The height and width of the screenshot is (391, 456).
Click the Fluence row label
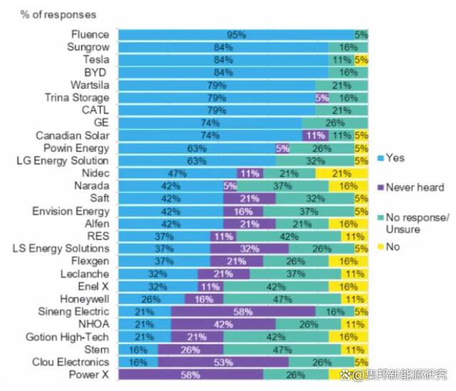(90, 34)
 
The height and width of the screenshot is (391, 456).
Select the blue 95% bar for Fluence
(236, 34)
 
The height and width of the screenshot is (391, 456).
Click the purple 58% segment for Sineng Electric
(244, 312)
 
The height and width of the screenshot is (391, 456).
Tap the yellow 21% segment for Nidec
(342, 173)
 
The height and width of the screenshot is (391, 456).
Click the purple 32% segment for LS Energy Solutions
(250, 249)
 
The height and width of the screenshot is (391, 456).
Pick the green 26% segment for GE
(336, 122)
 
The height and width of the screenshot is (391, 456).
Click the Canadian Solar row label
(73, 135)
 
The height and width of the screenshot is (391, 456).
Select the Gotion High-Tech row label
(71, 337)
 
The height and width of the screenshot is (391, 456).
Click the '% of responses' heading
(48, 14)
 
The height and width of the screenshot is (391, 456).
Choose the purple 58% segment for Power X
(190, 375)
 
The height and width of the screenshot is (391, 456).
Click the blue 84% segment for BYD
(223, 72)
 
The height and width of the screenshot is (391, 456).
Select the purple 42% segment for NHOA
(224, 324)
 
